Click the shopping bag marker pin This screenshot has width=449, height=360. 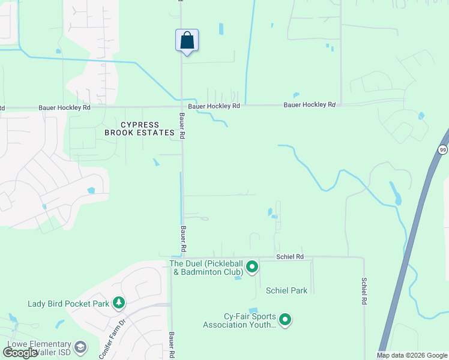point(187,41)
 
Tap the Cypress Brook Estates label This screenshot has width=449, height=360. point(139,128)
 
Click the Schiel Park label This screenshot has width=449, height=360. point(286,290)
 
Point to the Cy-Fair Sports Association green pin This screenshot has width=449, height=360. point(285,320)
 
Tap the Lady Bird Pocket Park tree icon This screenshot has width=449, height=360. point(119,303)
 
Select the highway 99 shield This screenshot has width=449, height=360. point(443,149)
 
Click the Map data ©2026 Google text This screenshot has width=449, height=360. point(411,355)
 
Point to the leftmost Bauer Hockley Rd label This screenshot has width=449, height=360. point(64,107)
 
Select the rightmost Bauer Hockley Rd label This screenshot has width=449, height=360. point(309,104)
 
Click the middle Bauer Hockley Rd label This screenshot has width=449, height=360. point(214,106)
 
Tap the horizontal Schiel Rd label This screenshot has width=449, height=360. point(290,256)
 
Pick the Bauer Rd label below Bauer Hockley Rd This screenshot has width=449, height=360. point(181,126)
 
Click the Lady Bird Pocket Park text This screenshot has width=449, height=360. point(68,304)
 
